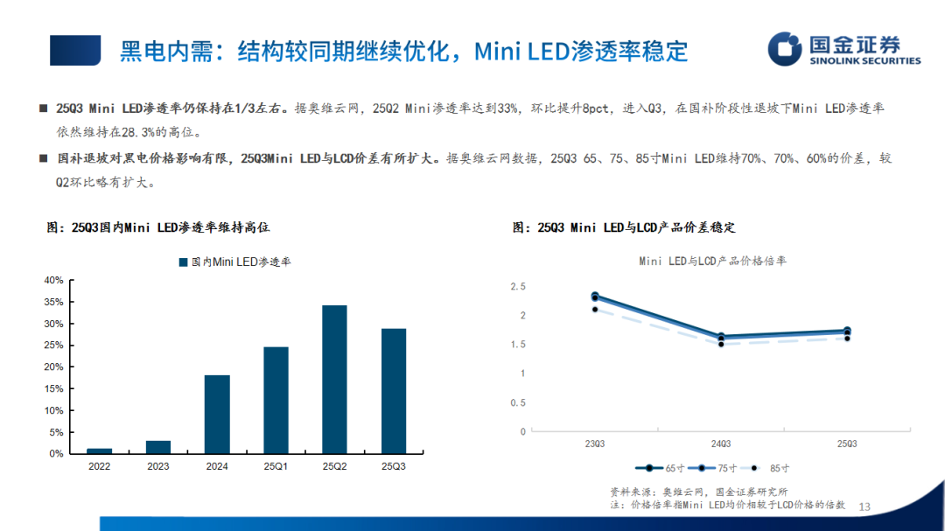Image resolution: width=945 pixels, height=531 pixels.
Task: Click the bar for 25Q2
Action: pos(334,379)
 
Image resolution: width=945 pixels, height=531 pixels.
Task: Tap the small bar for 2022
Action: pos(100,451)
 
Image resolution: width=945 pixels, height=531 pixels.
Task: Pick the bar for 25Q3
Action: pos(394,391)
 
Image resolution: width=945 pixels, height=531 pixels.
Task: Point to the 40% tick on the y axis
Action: pos(53,280)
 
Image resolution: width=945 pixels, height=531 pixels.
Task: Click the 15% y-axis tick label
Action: pos(53,388)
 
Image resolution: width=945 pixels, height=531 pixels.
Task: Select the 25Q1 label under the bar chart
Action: pos(276,467)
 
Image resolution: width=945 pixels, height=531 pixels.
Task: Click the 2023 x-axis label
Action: pos(158,467)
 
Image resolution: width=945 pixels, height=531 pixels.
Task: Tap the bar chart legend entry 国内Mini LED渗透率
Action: pos(234,262)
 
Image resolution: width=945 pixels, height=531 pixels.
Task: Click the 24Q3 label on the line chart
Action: pos(721,444)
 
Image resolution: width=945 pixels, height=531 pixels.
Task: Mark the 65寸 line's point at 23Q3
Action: pos(595,297)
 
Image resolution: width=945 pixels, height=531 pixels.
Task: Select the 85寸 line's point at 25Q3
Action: pos(847,338)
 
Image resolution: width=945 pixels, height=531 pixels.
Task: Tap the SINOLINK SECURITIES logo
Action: pos(844,49)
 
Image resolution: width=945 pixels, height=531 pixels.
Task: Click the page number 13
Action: pos(866,507)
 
